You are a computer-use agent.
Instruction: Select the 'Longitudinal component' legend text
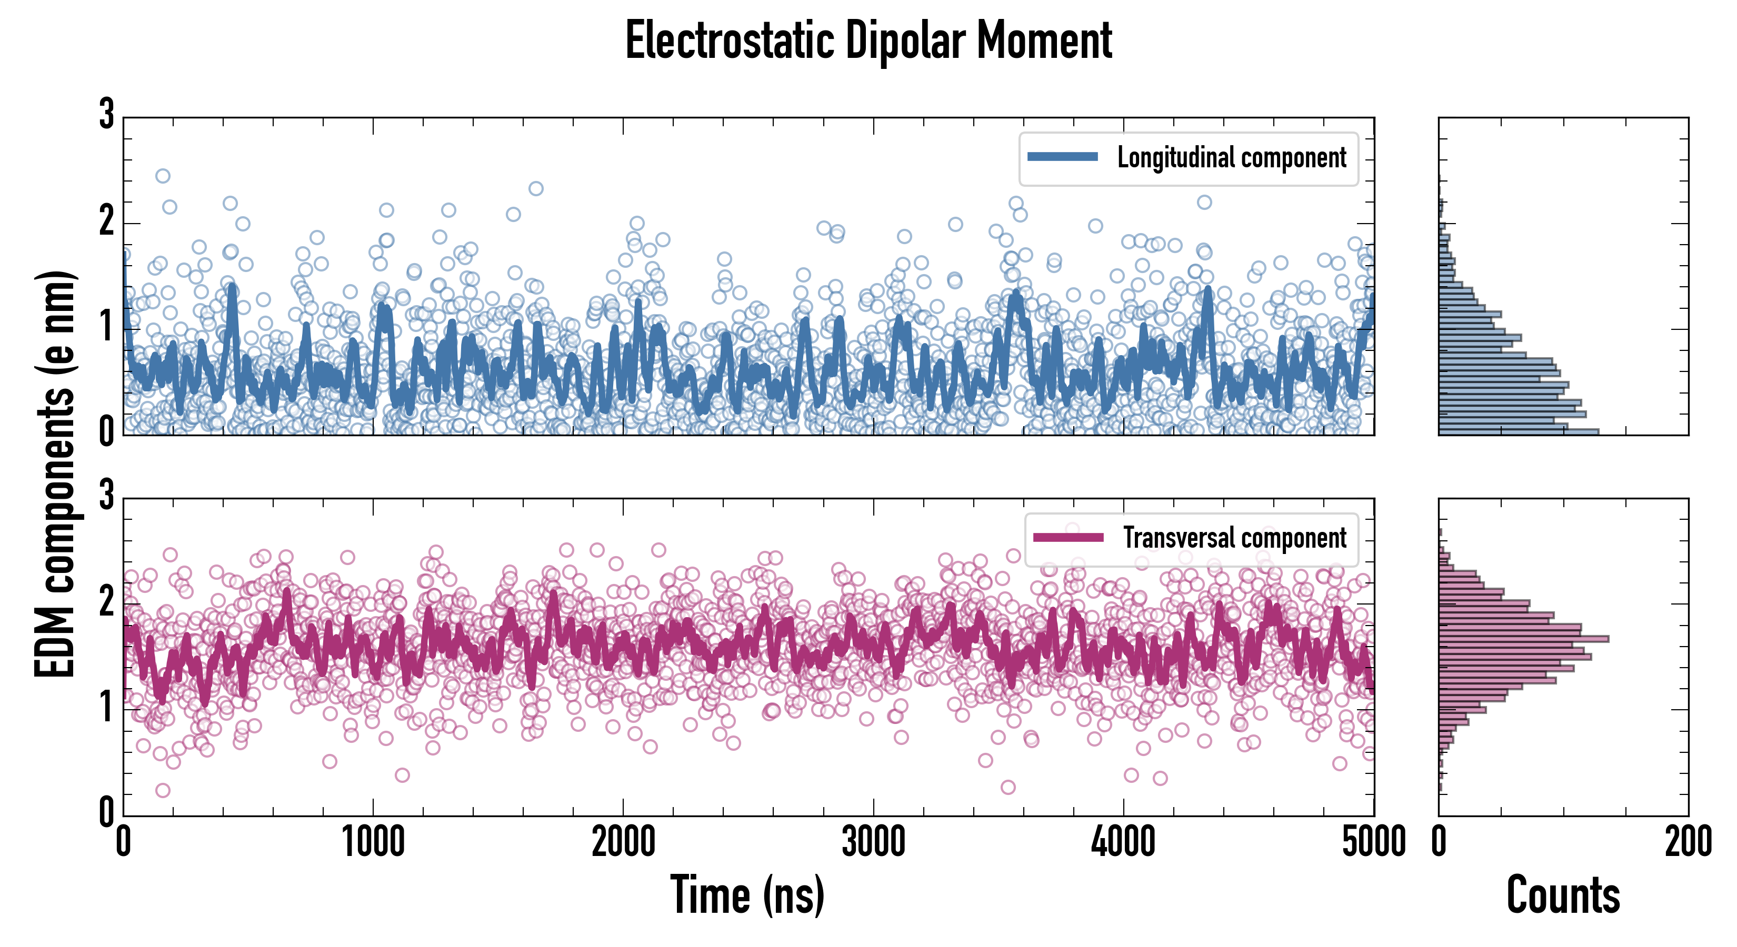1231,158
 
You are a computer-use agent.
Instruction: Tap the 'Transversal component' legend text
1234,538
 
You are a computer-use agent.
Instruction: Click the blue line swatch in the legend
1062,156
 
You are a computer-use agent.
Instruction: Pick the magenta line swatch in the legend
1068,537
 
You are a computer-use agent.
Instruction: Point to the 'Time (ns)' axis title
747,894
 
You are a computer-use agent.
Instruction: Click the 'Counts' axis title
1563,894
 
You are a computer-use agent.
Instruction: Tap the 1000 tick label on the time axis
373,842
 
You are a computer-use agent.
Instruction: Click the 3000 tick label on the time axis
873,842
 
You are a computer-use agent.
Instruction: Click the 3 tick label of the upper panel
106,115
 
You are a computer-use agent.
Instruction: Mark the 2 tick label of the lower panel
106,602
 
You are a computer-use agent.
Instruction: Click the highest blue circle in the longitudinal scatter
163,176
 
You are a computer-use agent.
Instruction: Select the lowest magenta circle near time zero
163,790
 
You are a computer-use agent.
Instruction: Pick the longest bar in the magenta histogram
1523,638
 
